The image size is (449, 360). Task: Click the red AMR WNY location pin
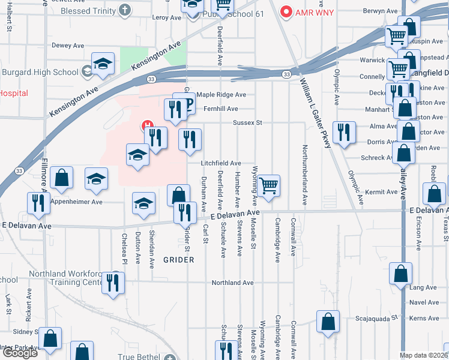pos(286,11)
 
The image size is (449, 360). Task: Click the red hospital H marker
pos(146,126)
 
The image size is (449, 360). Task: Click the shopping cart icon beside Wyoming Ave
pos(270,185)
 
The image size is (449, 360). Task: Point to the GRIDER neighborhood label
pos(178,260)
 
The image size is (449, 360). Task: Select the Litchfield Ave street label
pos(221,163)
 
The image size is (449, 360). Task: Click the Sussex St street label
pos(248,122)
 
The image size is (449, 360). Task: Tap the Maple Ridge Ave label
pos(221,95)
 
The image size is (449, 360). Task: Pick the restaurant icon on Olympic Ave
pos(344,132)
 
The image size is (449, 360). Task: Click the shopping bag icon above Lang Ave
pos(400,273)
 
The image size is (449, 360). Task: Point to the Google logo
pos(19,353)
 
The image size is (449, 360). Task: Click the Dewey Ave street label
pos(68,46)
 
